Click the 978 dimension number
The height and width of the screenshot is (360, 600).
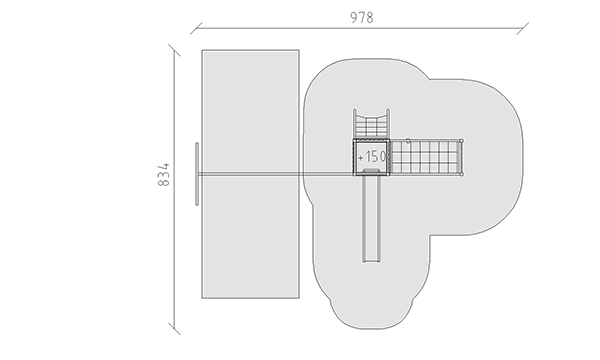362,18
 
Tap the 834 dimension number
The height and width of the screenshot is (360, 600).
163,175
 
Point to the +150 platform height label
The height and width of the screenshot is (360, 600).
372,156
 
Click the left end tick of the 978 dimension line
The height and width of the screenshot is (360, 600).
196,28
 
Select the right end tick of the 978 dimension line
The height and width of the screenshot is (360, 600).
523,28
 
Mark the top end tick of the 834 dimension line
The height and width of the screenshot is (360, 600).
174,50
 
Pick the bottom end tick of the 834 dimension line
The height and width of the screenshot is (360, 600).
174,329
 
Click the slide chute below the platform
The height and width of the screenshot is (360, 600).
372,218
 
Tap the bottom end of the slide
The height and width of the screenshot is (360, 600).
372,262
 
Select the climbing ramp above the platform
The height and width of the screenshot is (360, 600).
371,124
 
